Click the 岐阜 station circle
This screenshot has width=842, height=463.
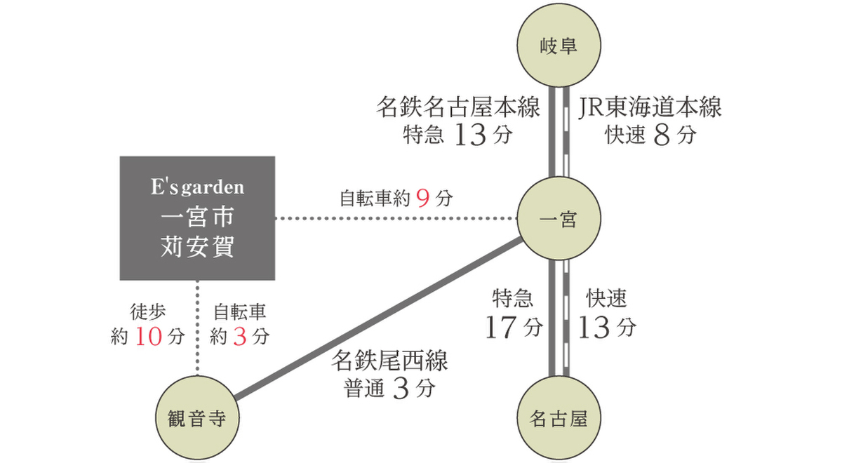pos(559,45)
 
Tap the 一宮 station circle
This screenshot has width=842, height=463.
pos(559,218)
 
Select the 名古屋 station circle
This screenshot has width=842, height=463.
pos(559,418)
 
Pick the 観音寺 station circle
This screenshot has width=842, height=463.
pos(197,418)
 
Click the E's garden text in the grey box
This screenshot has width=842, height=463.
pos(197,187)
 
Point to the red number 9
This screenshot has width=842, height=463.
pos(423,198)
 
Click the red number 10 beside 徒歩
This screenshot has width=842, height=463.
pos(149,336)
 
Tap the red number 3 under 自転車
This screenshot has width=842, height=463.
pos(240,336)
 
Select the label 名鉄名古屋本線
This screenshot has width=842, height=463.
pos(458,107)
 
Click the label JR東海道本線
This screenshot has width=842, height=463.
pos(650,107)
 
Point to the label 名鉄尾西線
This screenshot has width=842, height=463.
pos(389,361)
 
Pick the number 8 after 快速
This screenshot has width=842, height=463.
pos(662,135)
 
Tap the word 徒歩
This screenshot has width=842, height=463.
pos(148,312)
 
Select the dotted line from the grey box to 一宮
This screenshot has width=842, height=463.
pos(396,218)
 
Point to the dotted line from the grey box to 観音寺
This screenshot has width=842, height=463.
pos(197,328)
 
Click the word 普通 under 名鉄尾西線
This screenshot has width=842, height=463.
pos(363,388)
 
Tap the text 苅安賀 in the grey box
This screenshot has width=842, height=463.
pos(197,246)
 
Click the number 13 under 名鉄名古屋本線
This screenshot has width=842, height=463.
pos(471,135)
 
